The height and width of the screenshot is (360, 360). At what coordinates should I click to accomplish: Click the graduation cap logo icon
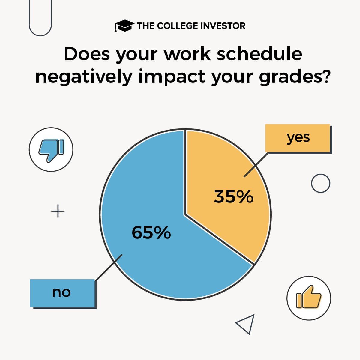click(x=124, y=26)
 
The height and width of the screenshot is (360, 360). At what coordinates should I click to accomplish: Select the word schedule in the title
click(x=259, y=54)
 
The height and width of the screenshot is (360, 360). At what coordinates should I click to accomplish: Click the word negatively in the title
click(x=84, y=77)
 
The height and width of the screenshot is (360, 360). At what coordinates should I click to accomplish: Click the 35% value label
click(x=233, y=197)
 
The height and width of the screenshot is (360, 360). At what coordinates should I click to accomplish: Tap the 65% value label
click(x=151, y=233)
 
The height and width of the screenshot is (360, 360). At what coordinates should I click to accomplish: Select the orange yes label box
click(x=298, y=138)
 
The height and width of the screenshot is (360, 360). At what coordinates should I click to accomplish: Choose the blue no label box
click(x=62, y=293)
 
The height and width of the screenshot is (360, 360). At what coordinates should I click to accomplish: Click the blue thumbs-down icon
click(x=51, y=149)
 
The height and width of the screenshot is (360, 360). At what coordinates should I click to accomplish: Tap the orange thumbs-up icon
click(x=309, y=298)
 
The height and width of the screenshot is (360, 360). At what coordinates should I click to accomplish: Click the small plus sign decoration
click(x=58, y=212)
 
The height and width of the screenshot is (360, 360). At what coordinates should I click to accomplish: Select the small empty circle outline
click(x=320, y=183)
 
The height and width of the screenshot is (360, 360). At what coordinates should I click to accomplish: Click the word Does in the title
click(x=87, y=54)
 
